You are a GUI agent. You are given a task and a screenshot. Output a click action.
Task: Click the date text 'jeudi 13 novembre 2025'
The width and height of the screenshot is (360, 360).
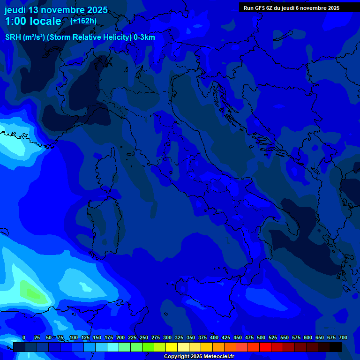(56, 10)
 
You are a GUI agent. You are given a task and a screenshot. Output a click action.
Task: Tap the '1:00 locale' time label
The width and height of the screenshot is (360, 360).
(33, 21)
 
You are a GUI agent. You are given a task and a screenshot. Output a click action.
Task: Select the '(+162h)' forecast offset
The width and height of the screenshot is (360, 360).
(83, 21)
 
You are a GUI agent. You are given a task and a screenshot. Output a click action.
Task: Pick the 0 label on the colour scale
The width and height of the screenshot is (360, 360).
(24, 337)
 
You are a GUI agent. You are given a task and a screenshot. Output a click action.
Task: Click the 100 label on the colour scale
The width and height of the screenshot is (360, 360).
(73, 337)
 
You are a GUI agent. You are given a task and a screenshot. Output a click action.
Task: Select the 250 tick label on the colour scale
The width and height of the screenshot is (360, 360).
(143, 337)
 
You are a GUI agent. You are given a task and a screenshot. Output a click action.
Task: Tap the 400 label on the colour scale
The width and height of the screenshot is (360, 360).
(214, 337)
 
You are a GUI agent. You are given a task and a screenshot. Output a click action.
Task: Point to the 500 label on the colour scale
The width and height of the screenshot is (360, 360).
(261, 337)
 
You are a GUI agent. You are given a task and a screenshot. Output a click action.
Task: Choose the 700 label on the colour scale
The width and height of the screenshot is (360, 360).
(343, 337)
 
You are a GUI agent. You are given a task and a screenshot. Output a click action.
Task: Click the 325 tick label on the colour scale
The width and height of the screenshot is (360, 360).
(179, 337)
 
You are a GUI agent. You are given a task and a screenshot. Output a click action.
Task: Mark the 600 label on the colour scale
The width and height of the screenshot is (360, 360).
(307, 337)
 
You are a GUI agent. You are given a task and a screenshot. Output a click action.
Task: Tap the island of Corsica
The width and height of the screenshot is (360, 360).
(107, 169)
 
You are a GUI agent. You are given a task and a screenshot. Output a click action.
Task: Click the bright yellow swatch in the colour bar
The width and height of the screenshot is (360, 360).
(172, 347)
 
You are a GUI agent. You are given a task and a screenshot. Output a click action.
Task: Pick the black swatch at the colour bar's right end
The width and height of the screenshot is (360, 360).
(335, 347)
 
